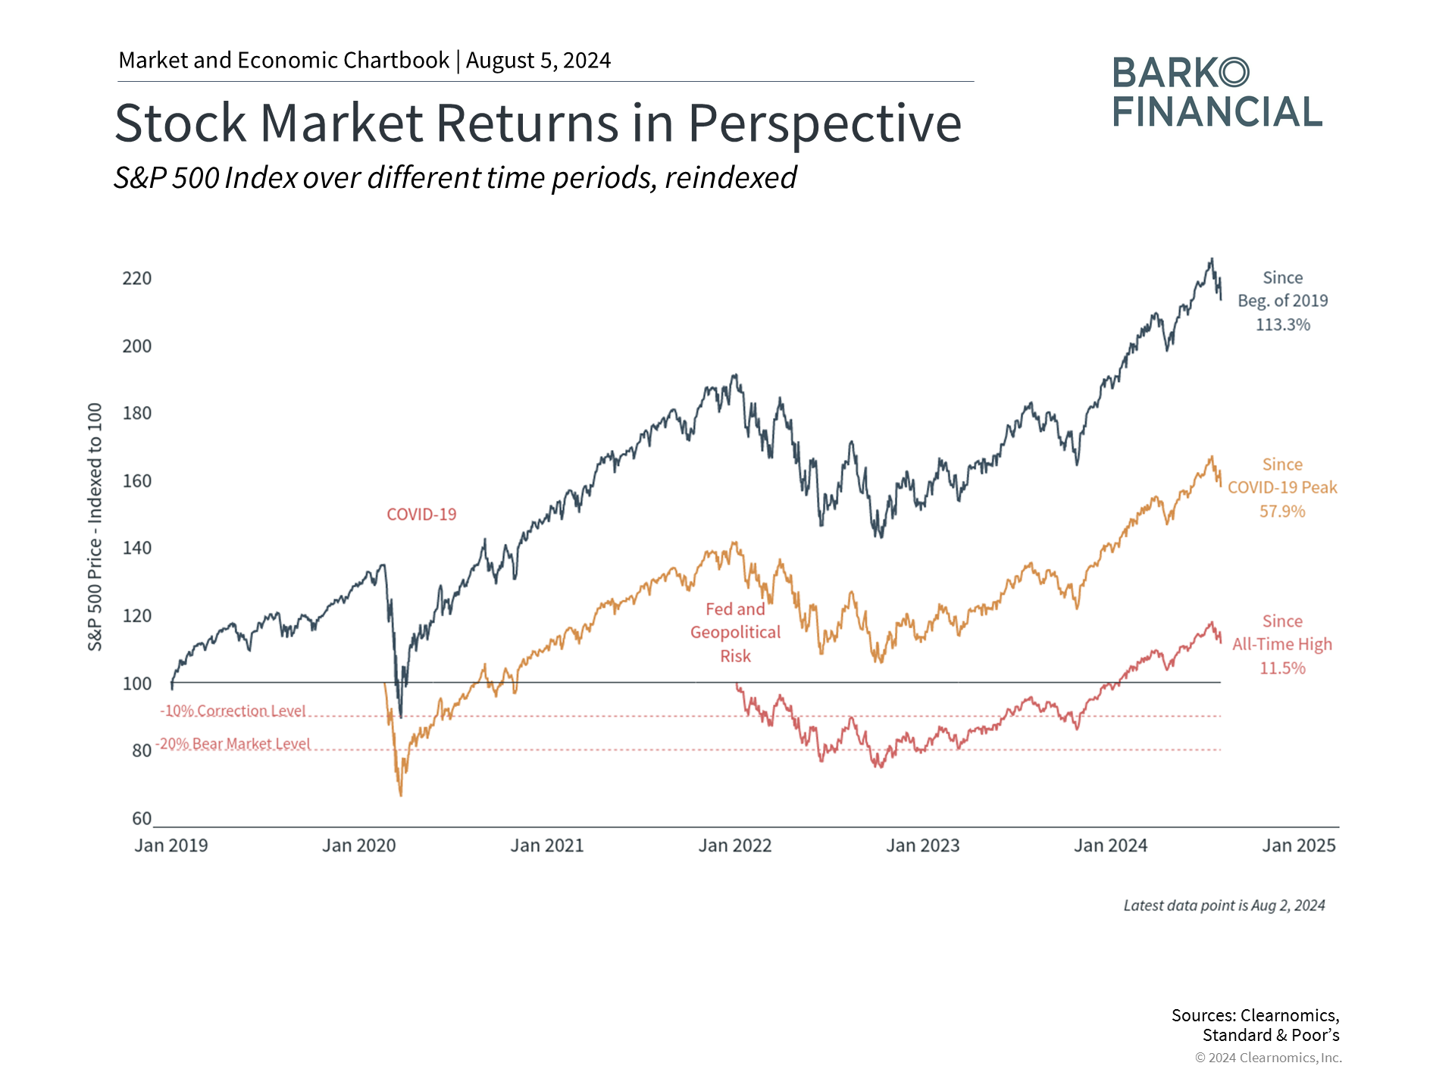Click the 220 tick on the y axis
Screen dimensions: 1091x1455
137,279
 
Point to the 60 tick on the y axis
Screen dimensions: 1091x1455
142,819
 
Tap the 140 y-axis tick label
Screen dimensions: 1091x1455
137,549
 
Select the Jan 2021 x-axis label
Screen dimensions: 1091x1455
547,846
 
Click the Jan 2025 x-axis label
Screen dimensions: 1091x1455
1298,846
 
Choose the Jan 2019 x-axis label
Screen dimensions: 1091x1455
171,846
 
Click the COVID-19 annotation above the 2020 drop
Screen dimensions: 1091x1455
421,514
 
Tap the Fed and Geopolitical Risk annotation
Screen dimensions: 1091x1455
735,633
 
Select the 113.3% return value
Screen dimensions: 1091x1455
1282,325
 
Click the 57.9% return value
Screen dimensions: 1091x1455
1282,511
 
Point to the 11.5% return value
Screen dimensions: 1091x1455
1282,668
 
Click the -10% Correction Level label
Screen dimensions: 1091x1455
233,711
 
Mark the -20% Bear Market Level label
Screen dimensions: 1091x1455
233,744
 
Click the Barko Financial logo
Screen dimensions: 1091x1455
1217,92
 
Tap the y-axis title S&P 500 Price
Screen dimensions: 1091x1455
95,527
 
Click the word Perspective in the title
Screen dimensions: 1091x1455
824,123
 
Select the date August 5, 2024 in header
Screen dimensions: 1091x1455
538,61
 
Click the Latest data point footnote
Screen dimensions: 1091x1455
1224,905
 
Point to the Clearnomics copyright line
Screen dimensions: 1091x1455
1268,1058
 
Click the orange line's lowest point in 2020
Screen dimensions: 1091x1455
401,795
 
